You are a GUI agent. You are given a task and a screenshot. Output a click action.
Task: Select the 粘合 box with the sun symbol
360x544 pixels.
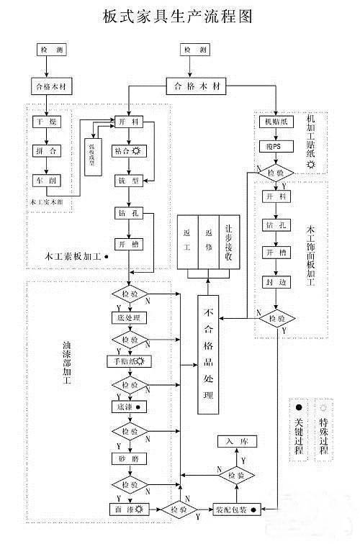[130, 151]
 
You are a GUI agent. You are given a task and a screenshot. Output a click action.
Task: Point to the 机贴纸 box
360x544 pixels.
[276, 122]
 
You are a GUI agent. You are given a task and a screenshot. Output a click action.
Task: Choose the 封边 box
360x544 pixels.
[276, 283]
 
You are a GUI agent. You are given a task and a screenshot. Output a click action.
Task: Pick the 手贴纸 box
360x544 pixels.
[128, 362]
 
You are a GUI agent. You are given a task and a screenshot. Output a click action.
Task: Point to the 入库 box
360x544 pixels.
[231, 440]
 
